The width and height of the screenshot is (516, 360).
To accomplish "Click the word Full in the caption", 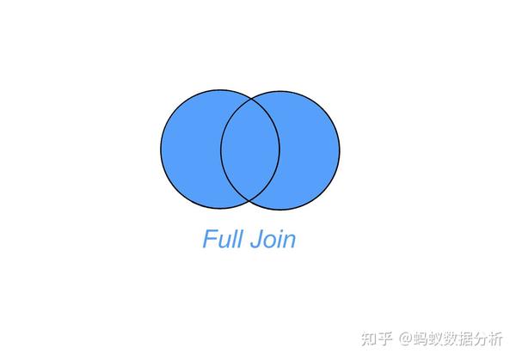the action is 221,239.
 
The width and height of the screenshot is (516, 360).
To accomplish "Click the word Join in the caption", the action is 272,239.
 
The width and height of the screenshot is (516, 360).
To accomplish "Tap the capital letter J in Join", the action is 255,240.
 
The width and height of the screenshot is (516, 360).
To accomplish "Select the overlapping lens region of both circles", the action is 250,150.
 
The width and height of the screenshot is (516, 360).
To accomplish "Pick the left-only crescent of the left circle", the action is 190,150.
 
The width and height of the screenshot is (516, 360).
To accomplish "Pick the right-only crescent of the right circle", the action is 310,150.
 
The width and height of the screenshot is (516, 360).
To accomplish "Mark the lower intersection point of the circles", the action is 250,201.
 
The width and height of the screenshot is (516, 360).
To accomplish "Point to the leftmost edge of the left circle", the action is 161,149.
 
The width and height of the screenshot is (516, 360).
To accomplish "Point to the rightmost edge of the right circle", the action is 340,150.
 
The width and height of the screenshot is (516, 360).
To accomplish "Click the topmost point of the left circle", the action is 221,89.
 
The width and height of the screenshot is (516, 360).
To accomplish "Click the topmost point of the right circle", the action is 280,90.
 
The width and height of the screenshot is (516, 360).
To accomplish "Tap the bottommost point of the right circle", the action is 280,211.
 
